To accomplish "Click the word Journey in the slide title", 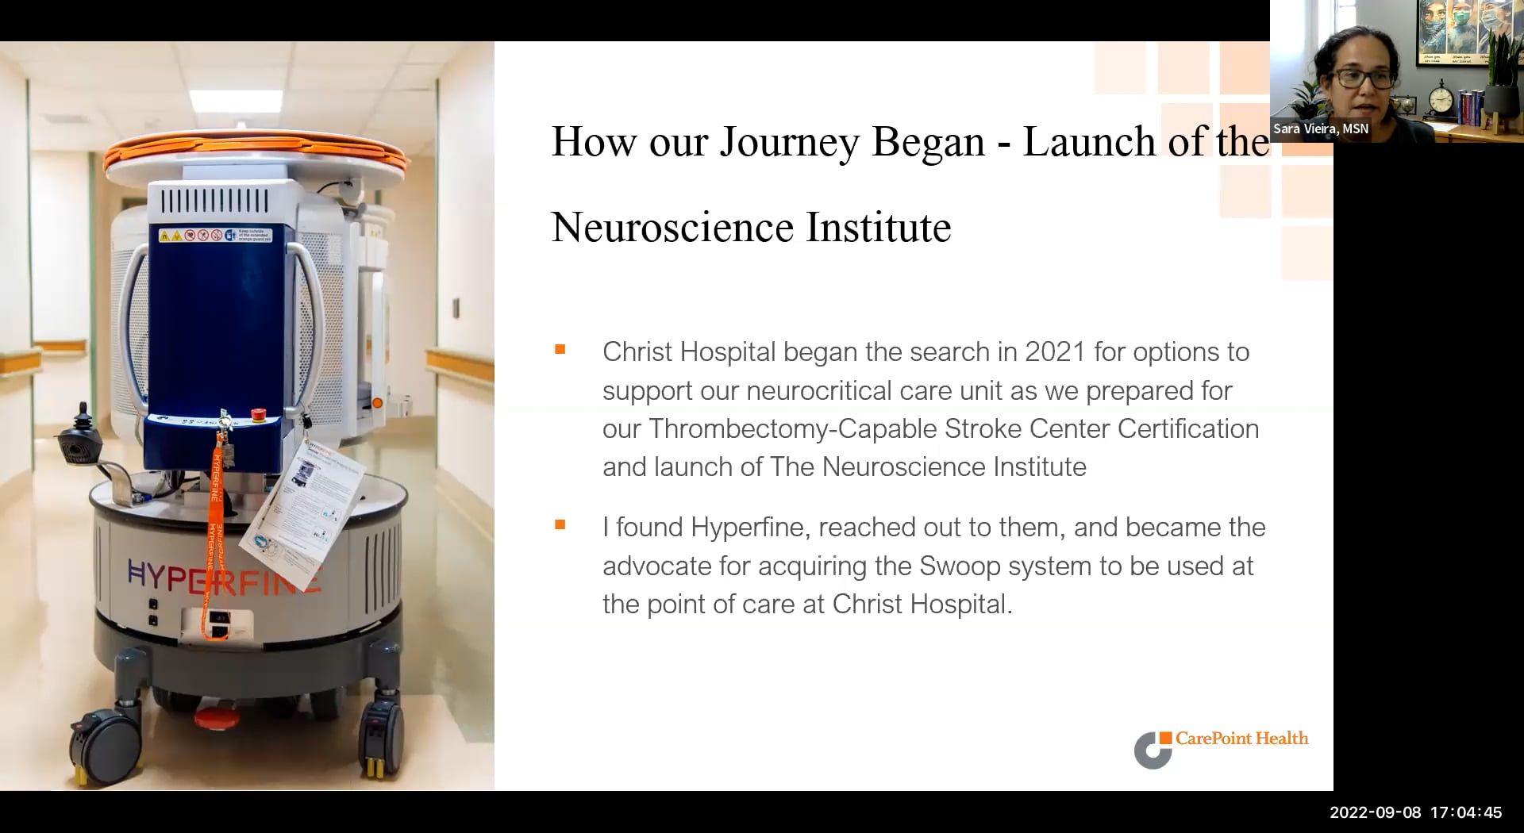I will coord(790,143).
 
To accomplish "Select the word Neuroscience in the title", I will coord(672,228).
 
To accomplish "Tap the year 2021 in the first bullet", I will coord(1055,352).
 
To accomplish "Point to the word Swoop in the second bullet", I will coord(960,566).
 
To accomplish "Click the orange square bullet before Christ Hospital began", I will coord(560,349).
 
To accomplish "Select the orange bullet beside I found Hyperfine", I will coord(560,524).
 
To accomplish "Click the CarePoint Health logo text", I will coord(1241,739).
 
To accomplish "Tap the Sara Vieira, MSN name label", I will coord(1321,129).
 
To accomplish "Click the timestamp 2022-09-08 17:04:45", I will coord(1415,812).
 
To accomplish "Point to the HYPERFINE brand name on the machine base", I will coord(225,577).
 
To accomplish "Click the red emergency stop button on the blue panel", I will coord(258,414).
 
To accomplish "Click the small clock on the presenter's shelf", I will coord(1441,99).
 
